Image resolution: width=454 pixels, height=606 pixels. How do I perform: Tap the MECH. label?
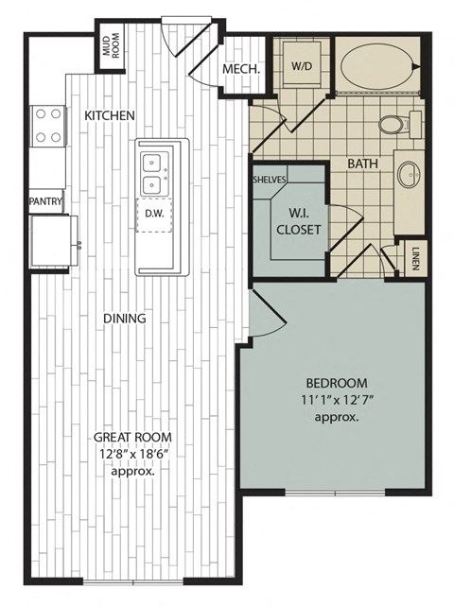click(x=241, y=70)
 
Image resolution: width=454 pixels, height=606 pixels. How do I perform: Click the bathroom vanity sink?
click(x=409, y=175)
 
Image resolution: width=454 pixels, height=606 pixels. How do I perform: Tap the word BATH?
click(x=362, y=164)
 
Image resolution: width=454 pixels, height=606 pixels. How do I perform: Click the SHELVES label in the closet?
click(x=270, y=179)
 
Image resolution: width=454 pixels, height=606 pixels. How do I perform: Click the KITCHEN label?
click(x=110, y=115)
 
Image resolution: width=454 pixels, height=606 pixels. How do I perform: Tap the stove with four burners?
click(x=49, y=125)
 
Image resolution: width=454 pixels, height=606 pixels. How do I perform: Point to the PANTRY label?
click(x=45, y=201)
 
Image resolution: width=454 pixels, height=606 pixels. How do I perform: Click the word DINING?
click(x=125, y=319)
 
